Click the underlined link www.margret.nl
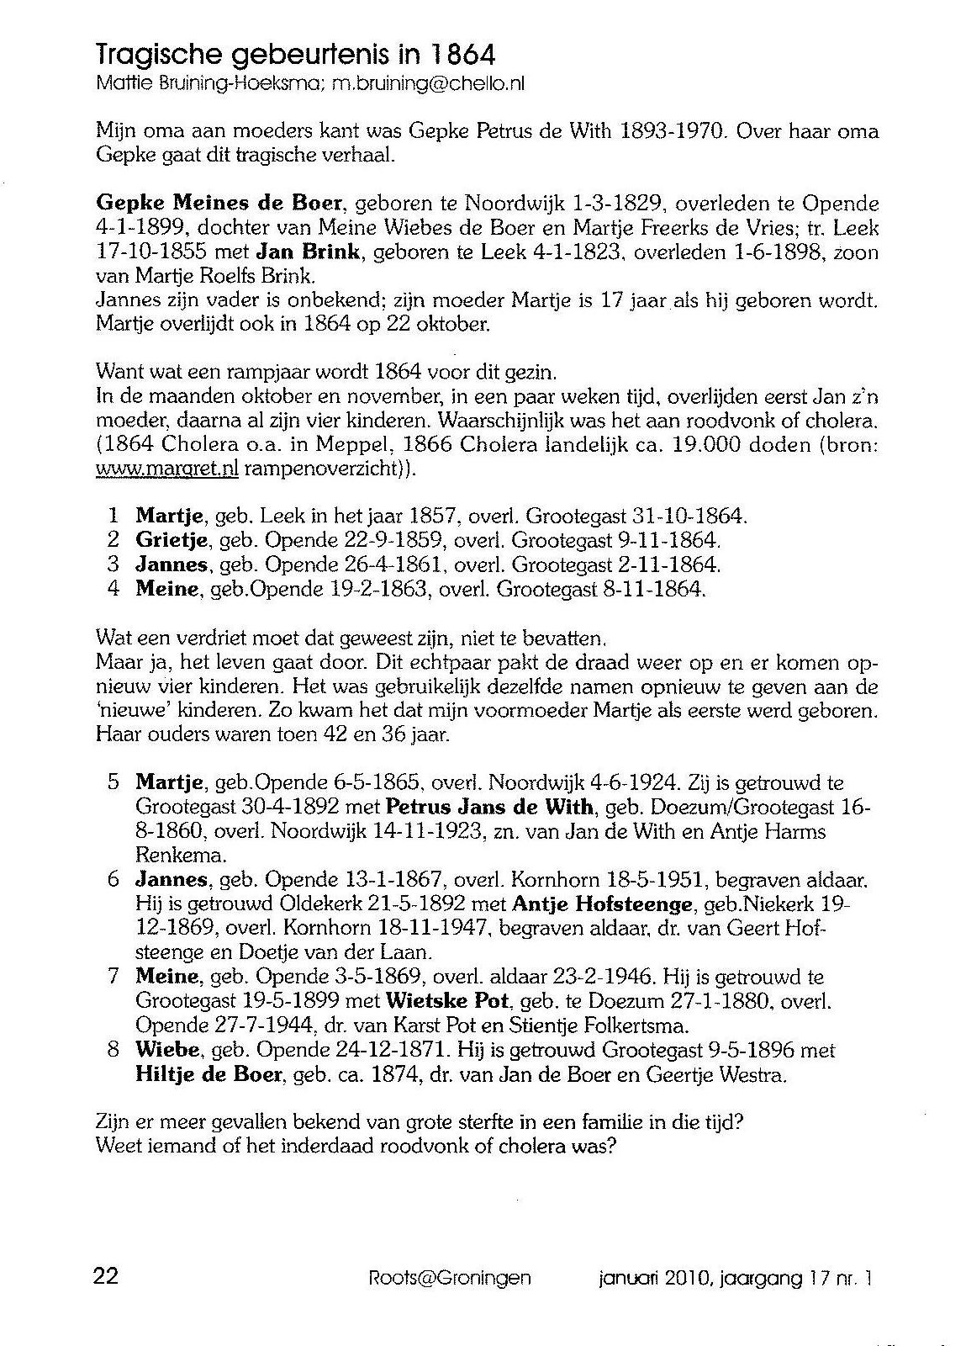pos(167,469)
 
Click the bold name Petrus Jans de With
pos(489,808)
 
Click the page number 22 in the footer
pos(106,1276)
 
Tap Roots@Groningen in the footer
pos(450,1278)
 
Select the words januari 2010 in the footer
pos(646,1279)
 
